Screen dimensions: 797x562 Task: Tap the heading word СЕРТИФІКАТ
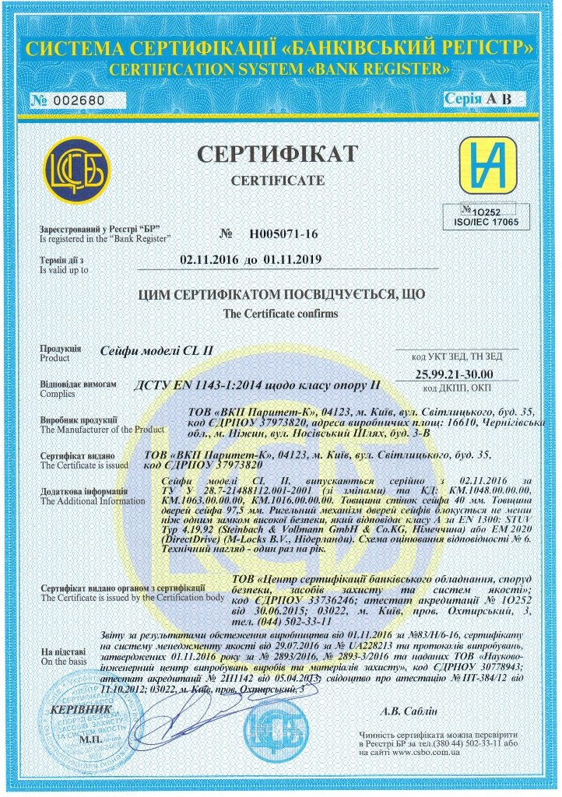coord(277,153)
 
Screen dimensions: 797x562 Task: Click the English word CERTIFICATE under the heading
coord(278,180)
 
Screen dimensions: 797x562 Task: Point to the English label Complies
coord(56,395)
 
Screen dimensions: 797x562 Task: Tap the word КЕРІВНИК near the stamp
coord(76,710)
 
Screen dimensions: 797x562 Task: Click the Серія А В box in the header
coord(479,100)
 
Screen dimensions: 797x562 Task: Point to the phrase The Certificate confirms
coord(280,314)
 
